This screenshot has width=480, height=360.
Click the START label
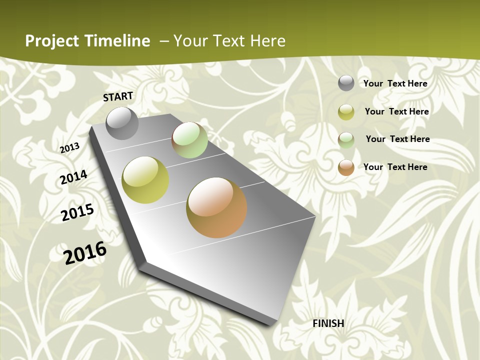[118, 96]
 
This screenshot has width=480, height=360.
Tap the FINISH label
[328, 323]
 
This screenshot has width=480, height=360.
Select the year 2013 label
[70, 148]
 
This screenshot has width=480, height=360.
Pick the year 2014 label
[73, 177]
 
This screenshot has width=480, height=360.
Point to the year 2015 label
[77, 212]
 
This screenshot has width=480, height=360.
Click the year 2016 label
[85, 252]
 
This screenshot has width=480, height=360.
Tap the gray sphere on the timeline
[122, 123]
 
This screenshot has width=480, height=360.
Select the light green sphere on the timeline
[189, 140]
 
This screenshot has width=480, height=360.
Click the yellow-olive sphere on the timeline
[145, 180]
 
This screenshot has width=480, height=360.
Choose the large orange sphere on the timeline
[216, 207]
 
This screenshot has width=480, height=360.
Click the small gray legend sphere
[346, 83]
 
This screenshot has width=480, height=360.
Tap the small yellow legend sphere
[346, 112]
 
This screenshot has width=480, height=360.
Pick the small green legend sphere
[346, 140]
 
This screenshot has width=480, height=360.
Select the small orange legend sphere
[346, 167]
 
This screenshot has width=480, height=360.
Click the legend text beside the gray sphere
[395, 83]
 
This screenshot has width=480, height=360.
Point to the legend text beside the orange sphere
[395, 167]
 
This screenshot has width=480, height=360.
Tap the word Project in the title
[52, 41]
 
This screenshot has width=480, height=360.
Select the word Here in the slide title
[267, 41]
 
